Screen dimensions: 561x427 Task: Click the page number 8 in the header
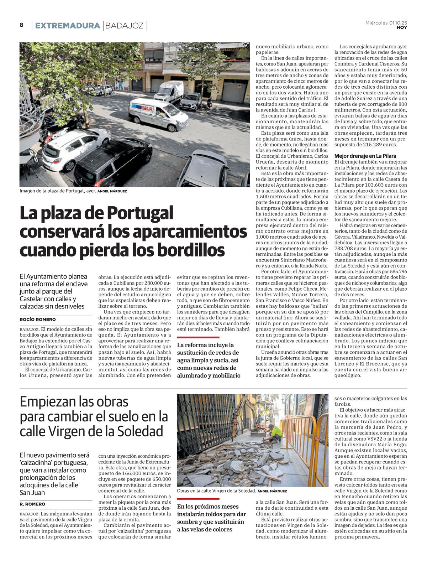(x=22, y=25)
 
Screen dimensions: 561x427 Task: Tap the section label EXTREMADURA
(x=67, y=26)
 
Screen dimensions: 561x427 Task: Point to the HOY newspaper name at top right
(x=402, y=27)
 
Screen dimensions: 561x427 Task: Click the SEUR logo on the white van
(x=147, y=108)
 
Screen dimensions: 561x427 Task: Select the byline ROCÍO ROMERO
(x=38, y=320)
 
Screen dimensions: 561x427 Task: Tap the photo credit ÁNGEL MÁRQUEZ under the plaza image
(x=112, y=191)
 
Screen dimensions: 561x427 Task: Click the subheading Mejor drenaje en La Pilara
(x=365, y=156)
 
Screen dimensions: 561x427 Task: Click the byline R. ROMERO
(x=32, y=504)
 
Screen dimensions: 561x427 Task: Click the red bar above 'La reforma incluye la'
(x=198, y=337)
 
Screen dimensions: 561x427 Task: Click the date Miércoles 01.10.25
(x=386, y=23)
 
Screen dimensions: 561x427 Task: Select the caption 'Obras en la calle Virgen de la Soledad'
(x=216, y=491)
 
